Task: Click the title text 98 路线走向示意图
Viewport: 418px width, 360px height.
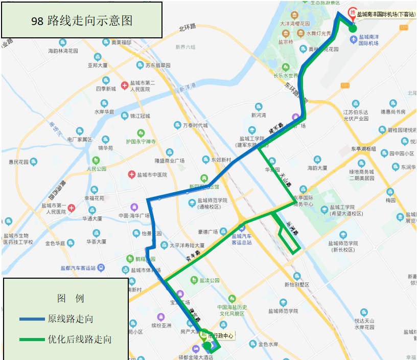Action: [82, 20]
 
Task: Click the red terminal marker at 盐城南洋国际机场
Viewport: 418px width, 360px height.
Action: [352, 13]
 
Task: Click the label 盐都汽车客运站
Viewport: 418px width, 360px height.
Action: [78, 267]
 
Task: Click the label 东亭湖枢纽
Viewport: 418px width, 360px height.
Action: [363, 149]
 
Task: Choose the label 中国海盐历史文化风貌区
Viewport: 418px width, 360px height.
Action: [232, 310]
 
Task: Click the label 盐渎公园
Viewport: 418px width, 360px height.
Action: [210, 280]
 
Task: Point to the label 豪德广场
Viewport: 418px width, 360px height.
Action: [208, 231]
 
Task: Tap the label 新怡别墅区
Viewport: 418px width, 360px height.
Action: [297, 284]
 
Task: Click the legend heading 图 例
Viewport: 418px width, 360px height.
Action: [71, 298]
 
